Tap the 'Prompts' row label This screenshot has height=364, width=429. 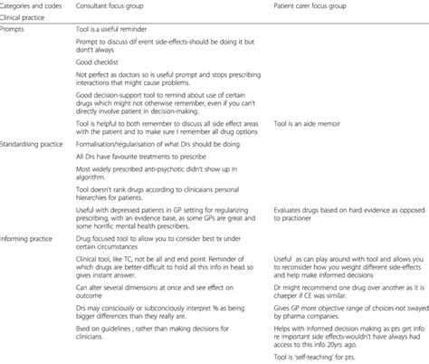14,27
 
